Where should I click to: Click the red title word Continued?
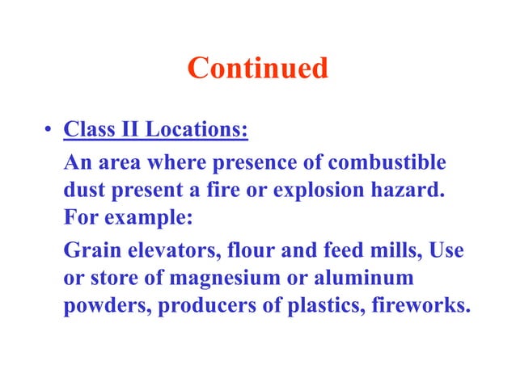[257, 69]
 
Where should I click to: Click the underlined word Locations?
[196, 129]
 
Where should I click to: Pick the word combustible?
[387, 162]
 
